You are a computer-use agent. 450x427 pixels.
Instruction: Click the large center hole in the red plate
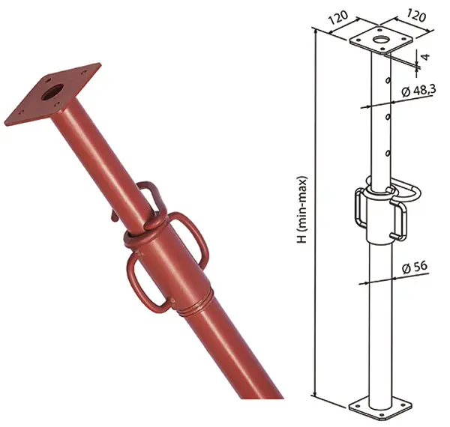pyautogui.click(x=53, y=93)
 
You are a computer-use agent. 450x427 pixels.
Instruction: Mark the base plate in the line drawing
pyautogui.click(x=382, y=405)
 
